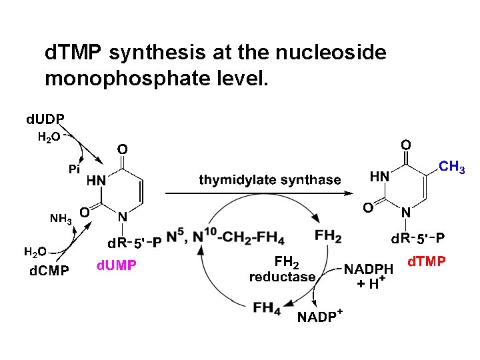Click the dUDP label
[x=45, y=120]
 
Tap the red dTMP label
[x=426, y=261]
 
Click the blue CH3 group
[x=452, y=167]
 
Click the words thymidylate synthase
[x=270, y=179]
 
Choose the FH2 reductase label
[x=282, y=269]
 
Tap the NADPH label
[x=369, y=269]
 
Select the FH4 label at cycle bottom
[x=267, y=308]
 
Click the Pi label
[x=75, y=170]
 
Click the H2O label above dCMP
[x=35, y=251]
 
